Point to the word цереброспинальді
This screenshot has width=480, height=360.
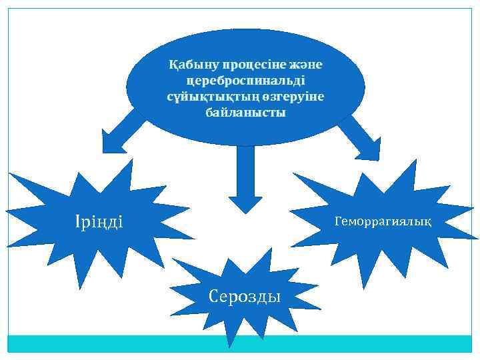click(247, 81)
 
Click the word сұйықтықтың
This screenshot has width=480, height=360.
click(205, 97)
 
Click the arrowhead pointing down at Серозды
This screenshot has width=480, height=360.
click(246, 203)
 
